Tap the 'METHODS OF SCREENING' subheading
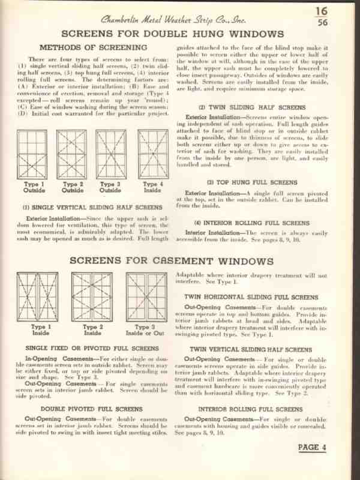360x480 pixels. (x=93, y=47)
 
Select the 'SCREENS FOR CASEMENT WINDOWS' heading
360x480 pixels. (x=180, y=262)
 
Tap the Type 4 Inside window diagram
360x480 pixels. (x=152, y=152)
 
